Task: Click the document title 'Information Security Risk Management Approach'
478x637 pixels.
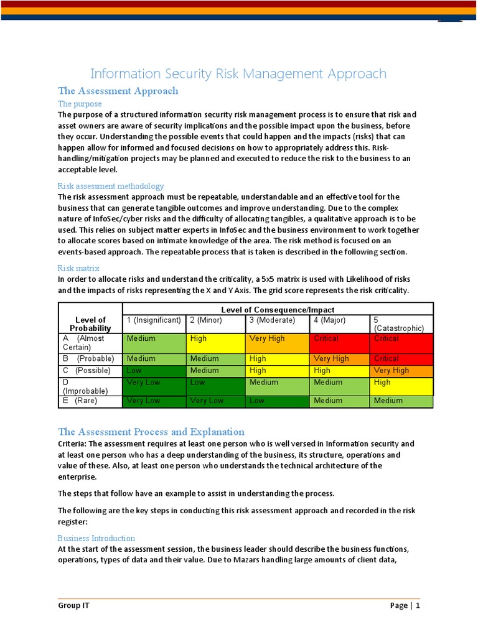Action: coord(238,74)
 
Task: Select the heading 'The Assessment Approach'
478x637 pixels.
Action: coord(118,91)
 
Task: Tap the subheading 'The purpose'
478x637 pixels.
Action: coord(80,104)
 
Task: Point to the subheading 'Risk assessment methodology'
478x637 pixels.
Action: coord(111,186)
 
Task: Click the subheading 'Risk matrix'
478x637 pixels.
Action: coord(78,268)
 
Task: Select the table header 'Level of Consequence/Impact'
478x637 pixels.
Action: coord(278,310)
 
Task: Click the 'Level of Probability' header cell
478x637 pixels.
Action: coord(91,324)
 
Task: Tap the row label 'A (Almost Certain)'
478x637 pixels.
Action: coord(91,343)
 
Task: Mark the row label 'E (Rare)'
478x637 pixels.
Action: coord(91,401)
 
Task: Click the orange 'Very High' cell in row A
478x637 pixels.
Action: coord(278,343)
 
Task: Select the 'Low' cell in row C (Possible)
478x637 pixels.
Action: coord(154,370)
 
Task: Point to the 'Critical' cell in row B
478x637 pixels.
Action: coord(401,358)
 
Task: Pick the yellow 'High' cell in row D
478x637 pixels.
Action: coord(401,386)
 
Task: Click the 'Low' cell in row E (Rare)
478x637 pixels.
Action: coord(278,401)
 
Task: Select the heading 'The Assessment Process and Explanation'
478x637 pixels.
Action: coord(151,432)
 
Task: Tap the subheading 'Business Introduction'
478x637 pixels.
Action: coord(96,538)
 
